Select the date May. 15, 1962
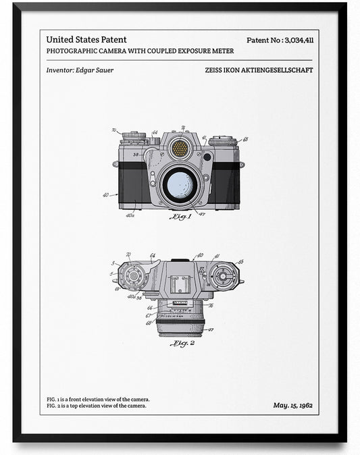click(292, 405)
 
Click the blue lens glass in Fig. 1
click(180, 184)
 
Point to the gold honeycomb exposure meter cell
click(180, 148)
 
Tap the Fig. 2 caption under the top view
click(181, 344)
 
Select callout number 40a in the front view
click(130, 215)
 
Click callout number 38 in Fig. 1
click(136, 155)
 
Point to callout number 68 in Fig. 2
click(149, 322)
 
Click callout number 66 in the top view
click(149, 309)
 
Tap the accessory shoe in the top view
click(180, 285)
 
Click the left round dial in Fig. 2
click(132, 276)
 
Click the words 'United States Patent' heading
click(86, 40)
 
